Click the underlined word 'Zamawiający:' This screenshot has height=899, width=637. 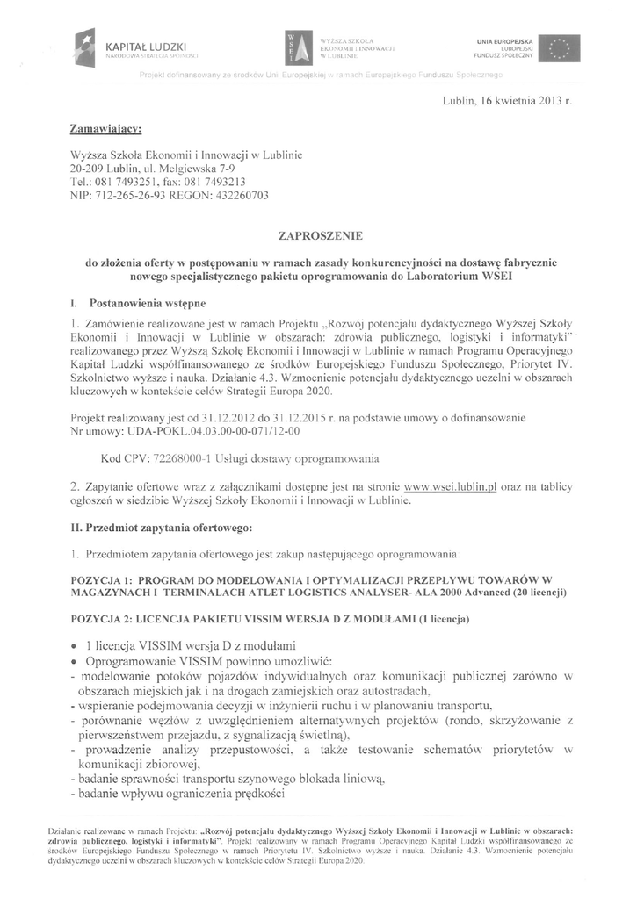click(x=105, y=129)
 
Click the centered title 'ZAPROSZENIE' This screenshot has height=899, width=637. click(x=318, y=236)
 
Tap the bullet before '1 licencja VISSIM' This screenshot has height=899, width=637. click(x=77, y=645)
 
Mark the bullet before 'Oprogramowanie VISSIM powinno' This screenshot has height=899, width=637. click(x=77, y=660)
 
